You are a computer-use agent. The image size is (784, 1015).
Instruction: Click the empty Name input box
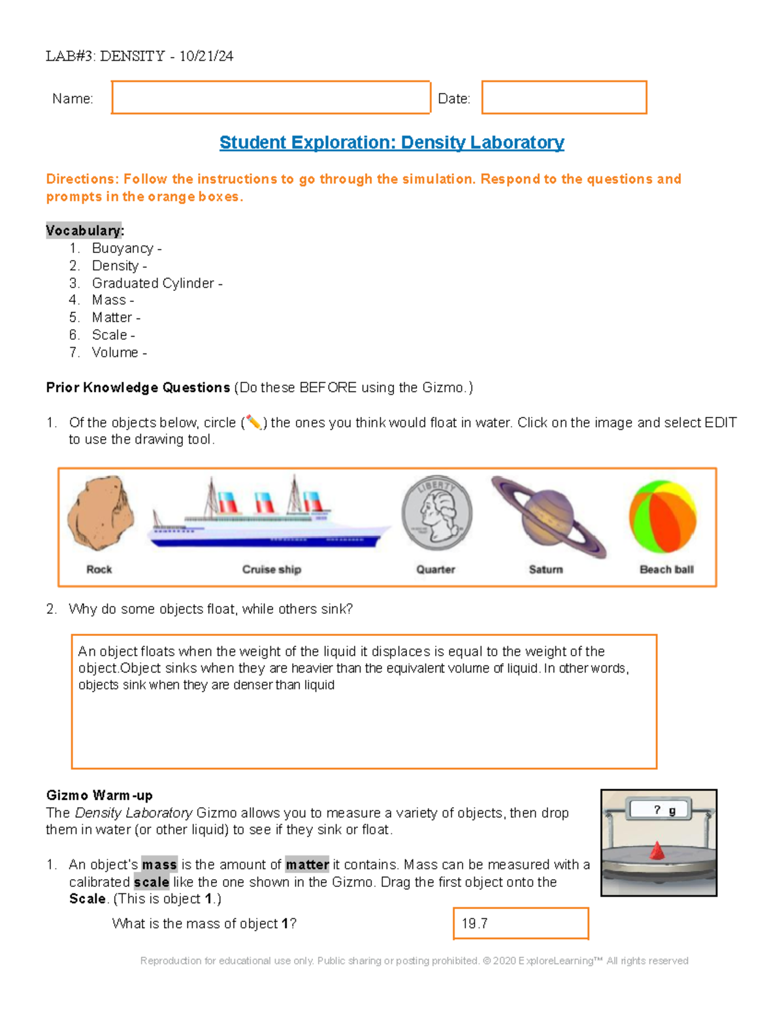click(x=270, y=98)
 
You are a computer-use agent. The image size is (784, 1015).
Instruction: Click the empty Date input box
click(x=564, y=98)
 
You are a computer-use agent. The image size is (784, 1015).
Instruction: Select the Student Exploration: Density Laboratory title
click(x=391, y=142)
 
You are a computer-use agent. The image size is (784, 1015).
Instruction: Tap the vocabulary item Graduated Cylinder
click(x=154, y=283)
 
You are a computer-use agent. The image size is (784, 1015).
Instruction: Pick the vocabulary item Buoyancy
click(x=123, y=248)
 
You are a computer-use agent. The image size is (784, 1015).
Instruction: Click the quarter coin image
click(x=436, y=512)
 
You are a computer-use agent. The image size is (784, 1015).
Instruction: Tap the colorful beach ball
click(x=662, y=516)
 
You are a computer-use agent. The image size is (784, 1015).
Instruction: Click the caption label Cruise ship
click(x=271, y=569)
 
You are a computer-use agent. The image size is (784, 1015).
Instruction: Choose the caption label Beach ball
click(x=666, y=569)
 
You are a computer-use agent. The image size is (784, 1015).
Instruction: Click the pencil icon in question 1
click(x=253, y=423)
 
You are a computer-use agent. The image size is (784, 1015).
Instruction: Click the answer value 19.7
click(x=475, y=923)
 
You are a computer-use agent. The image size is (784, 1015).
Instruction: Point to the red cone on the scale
click(x=657, y=851)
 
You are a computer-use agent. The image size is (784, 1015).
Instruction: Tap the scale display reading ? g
click(x=660, y=810)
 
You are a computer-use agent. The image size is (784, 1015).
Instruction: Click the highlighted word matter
click(x=307, y=865)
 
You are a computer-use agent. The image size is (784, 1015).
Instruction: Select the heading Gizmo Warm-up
click(x=99, y=795)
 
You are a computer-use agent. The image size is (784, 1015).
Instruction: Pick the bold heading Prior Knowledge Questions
click(x=138, y=388)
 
